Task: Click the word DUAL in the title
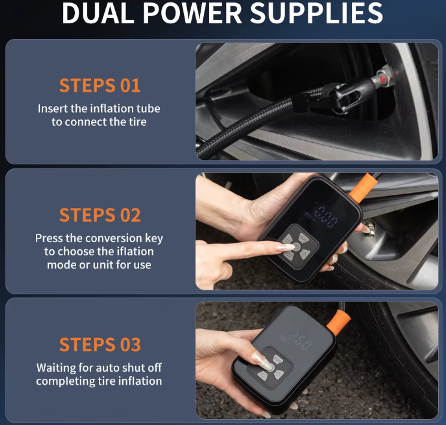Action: [98, 13]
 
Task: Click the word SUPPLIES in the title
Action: [317, 13]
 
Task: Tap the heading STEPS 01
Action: [100, 85]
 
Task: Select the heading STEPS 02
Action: [100, 215]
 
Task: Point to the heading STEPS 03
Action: [100, 345]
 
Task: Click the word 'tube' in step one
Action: [148, 108]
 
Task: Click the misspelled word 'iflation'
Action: [134, 252]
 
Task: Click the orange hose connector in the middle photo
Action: [363, 188]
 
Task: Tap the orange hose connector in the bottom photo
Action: [339, 322]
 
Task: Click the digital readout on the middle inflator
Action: [326, 216]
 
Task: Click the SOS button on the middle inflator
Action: [303, 238]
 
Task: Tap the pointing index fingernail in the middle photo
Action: [286, 247]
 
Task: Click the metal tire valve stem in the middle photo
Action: [369, 228]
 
